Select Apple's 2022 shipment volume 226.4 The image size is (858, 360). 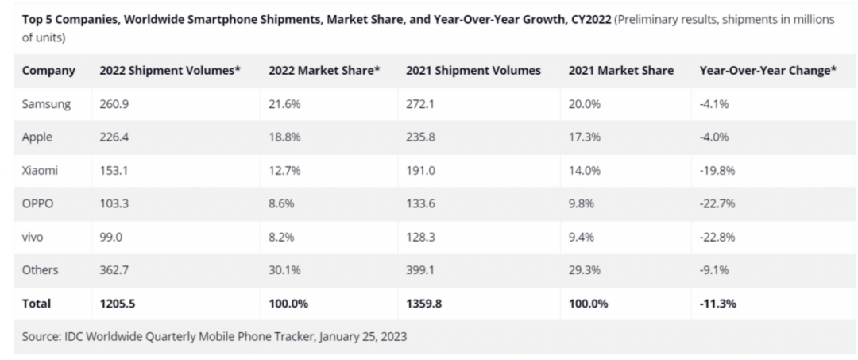(x=115, y=137)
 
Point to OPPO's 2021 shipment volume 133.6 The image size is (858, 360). (x=422, y=203)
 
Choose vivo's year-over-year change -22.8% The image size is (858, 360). (x=717, y=236)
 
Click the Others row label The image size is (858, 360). (x=40, y=269)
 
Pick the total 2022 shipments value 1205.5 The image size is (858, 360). (x=119, y=303)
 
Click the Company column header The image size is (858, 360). (x=48, y=71)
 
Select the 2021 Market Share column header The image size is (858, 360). (x=621, y=71)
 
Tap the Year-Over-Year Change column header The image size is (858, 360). (x=768, y=71)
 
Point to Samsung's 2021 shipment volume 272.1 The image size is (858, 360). (x=421, y=104)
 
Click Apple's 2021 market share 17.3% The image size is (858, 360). (x=585, y=137)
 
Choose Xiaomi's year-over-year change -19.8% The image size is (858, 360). (x=717, y=170)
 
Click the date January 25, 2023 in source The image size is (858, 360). (x=363, y=336)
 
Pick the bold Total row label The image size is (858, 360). (x=37, y=303)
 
